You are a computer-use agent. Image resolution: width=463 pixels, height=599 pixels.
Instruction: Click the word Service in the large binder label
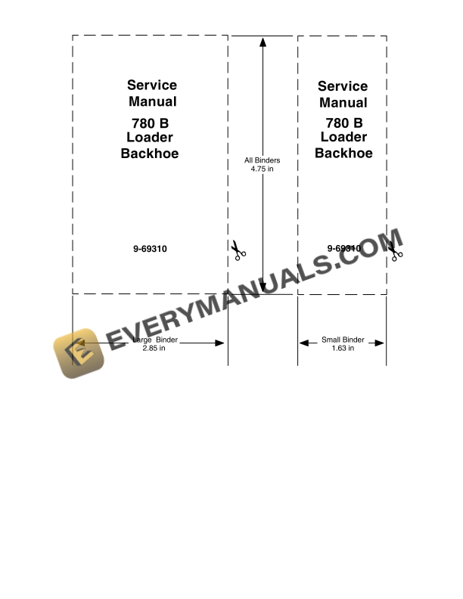152,85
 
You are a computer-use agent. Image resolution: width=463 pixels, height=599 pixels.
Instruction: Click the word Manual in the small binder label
343,103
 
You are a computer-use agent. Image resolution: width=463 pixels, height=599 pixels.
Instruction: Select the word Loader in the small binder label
343,137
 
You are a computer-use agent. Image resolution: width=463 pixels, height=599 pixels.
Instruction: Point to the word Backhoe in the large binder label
150,154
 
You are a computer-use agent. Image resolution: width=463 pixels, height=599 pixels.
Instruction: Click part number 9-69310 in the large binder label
151,248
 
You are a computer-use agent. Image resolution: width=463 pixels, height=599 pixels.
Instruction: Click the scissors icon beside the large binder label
239,250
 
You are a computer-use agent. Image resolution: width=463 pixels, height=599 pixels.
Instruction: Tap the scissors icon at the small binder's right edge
395,251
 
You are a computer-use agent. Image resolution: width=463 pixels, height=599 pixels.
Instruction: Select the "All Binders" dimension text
262,160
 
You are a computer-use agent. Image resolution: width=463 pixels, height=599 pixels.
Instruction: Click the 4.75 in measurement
262,169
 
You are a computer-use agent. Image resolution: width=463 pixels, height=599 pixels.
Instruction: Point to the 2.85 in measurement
154,349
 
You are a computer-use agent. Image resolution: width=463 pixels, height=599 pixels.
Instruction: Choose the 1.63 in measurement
343,349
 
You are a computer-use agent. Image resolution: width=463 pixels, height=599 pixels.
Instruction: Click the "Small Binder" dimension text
343,340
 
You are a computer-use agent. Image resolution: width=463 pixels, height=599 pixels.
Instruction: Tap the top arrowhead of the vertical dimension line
263,42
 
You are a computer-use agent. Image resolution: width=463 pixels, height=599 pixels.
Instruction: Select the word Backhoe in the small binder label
343,153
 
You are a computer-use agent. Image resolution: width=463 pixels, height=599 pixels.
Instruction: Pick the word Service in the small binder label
343,86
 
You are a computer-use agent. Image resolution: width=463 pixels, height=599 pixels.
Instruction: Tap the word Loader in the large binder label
150,138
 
